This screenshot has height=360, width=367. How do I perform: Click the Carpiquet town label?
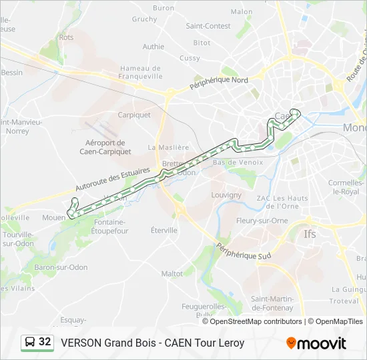[134, 115]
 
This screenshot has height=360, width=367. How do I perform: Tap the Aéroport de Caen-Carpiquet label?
[105, 147]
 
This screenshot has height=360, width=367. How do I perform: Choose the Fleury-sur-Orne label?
[262, 220]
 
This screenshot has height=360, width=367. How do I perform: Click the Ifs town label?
[310, 234]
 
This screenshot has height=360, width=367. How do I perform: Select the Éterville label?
[164, 230]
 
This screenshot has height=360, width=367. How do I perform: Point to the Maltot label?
[171, 273]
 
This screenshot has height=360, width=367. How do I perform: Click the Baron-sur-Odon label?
[61, 267]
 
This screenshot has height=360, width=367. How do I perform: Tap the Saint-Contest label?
[208, 26]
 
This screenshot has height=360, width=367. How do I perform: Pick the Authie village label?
[153, 47]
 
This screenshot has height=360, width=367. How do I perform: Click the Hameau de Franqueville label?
[141, 72]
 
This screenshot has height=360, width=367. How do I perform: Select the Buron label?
[163, 8]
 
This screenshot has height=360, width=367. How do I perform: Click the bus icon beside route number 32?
[30, 343]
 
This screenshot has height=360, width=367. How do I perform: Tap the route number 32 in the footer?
[45, 342]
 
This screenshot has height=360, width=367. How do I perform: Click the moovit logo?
[316, 343]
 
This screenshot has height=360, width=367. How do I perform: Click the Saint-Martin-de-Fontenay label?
[272, 303]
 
